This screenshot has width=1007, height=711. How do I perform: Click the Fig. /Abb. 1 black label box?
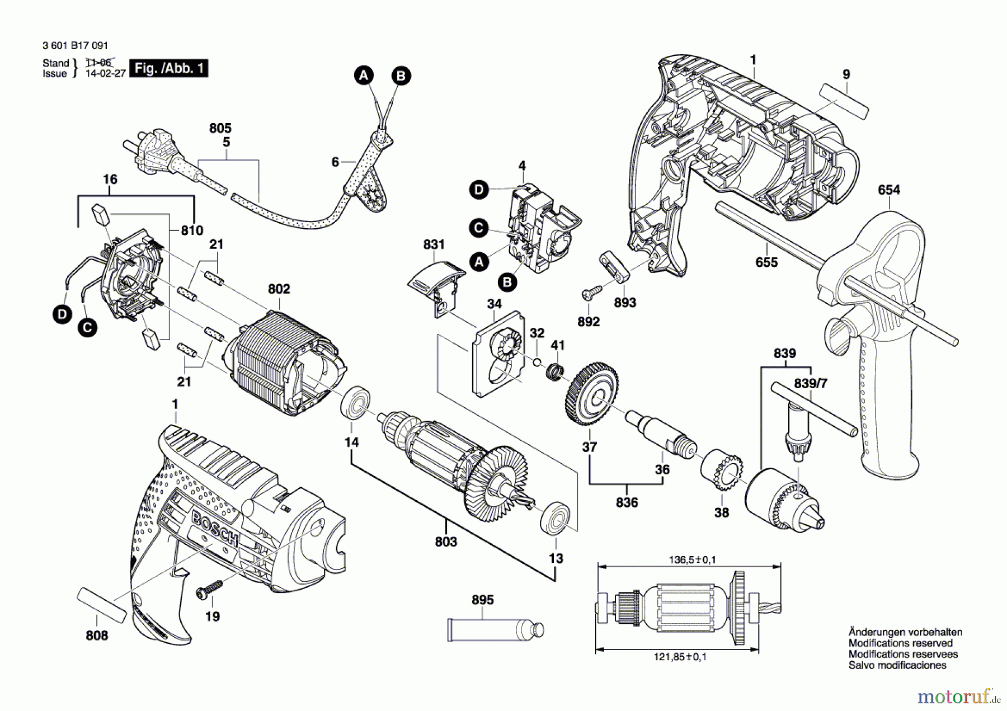[168, 68]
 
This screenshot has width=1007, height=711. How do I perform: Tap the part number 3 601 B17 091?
[75, 45]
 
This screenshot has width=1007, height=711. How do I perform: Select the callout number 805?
[220, 128]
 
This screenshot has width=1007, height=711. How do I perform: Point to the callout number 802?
[279, 289]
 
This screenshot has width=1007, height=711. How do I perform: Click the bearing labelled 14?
[355, 402]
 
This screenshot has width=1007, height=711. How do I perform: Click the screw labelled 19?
[208, 590]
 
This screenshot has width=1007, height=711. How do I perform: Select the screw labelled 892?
[591, 292]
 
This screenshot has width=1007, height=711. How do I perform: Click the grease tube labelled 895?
[495, 629]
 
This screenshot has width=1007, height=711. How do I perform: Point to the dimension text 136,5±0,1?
[692, 559]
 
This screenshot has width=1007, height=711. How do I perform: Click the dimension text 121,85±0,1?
[680, 657]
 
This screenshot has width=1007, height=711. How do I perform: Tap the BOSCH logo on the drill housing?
[215, 528]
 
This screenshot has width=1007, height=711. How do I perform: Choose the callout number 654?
[888, 190]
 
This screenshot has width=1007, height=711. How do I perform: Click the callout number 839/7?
[810, 383]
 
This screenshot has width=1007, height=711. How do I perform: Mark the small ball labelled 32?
[536, 361]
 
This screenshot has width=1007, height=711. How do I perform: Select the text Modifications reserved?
[900, 643]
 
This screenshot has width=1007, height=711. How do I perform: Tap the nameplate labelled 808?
[101, 605]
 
